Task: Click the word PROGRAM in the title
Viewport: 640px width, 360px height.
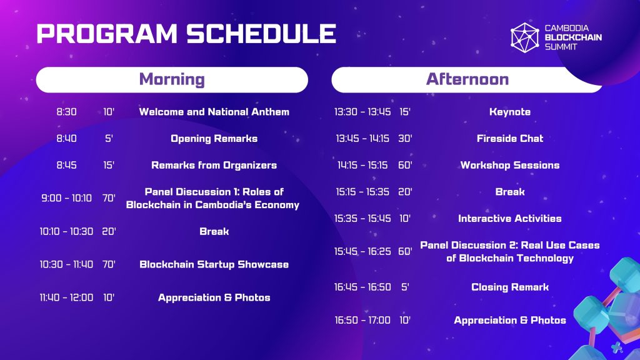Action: [x=107, y=34]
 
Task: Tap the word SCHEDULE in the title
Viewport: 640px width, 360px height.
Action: [x=262, y=34]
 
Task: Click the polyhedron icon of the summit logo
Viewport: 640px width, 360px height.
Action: [x=525, y=37]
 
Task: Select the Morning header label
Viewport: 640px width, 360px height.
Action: [x=172, y=79]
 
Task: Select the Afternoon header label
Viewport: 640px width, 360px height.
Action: [x=467, y=79]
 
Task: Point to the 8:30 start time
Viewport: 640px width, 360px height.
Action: [x=66, y=112]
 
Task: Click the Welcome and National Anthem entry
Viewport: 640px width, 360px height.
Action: [x=214, y=112]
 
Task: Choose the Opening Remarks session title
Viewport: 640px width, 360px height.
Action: [x=214, y=139]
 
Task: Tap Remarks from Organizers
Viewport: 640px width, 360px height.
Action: [x=214, y=165]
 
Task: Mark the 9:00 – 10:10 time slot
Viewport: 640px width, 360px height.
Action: [x=66, y=198]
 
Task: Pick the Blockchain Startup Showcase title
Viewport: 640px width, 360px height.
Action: [x=214, y=264]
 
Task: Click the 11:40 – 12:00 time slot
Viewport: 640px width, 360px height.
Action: [x=66, y=297]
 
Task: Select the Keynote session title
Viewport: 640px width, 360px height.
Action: [x=510, y=112]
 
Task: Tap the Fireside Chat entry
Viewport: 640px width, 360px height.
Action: [x=510, y=139]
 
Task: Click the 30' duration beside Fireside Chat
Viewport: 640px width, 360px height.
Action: [x=405, y=138]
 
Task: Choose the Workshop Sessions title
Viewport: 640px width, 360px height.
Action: [x=510, y=165]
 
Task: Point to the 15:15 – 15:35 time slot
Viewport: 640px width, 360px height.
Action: [x=362, y=192]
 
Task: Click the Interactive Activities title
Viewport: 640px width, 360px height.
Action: [x=510, y=218]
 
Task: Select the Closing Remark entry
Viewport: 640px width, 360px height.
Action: [x=510, y=287]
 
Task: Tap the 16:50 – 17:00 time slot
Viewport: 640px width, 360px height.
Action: [x=362, y=321]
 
